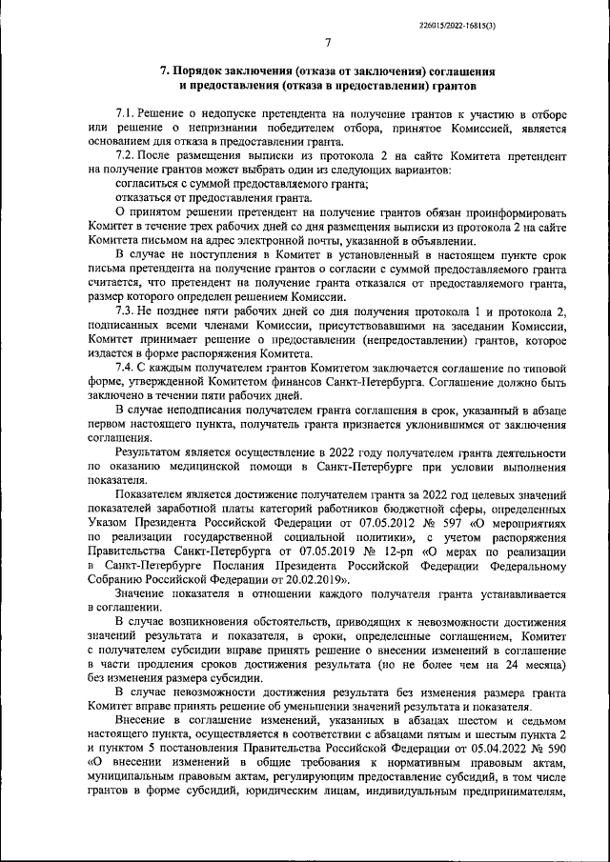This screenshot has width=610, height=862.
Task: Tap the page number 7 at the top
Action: pos(326,43)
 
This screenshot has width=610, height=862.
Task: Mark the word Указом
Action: pos(108,524)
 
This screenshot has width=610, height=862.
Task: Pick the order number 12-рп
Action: pos(412,551)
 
